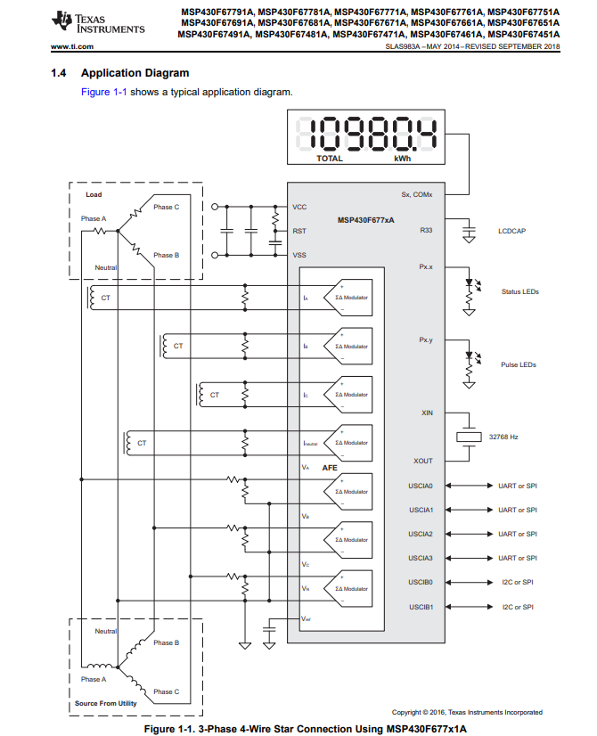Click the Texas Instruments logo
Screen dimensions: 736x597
[x=98, y=21]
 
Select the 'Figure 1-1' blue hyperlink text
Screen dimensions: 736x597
[x=103, y=92]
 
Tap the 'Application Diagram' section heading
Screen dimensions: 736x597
[x=135, y=72]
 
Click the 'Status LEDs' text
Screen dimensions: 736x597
[x=519, y=291]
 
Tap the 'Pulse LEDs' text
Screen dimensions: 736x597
[x=518, y=364]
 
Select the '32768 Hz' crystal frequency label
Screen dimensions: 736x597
[x=504, y=437]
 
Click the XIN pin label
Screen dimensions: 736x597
[x=426, y=413]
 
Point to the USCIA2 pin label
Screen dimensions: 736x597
[x=421, y=534]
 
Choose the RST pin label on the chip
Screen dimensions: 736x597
[x=299, y=231]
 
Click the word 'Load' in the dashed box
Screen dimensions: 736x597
[x=94, y=194]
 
